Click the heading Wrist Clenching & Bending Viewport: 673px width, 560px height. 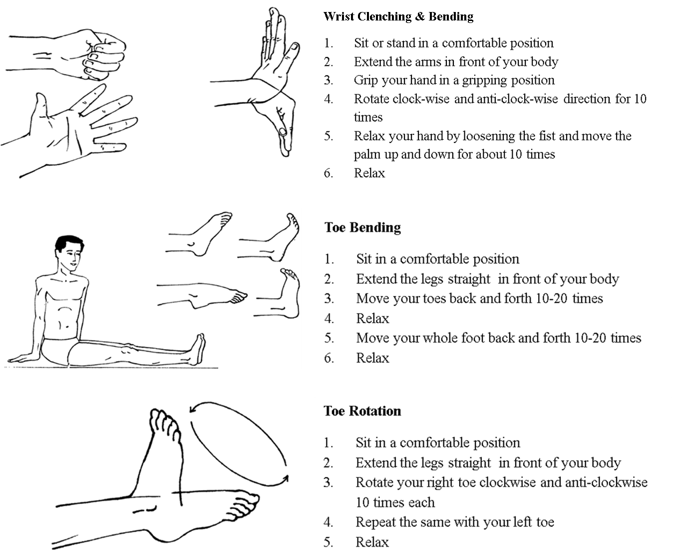[398, 16]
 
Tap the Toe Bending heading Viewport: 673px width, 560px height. [362, 228]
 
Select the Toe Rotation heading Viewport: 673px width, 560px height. [362, 411]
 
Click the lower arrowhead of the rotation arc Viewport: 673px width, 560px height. [285, 479]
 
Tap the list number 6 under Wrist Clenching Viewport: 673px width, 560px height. [328, 173]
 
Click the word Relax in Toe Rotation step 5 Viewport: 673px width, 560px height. [372, 542]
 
